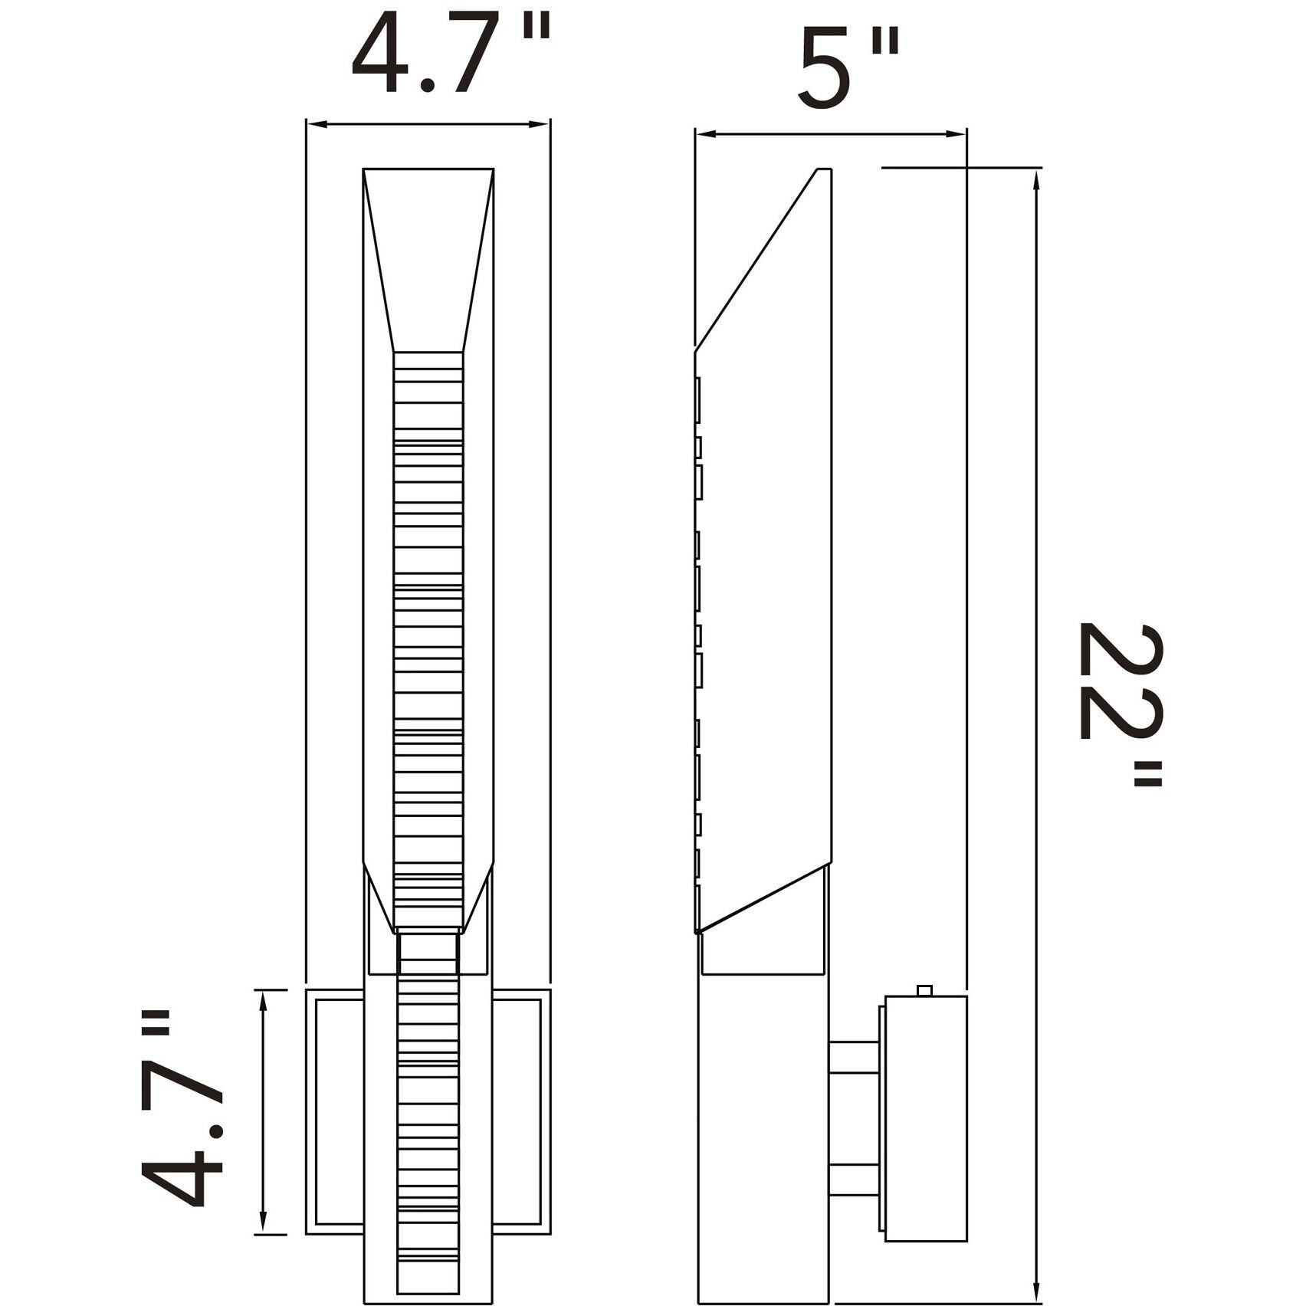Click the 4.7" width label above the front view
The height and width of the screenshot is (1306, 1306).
click(451, 55)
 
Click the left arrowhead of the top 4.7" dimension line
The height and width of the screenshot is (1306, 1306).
click(315, 124)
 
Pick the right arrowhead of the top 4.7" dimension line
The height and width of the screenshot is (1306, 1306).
click(541, 124)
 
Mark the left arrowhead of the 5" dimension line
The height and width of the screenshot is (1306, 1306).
click(705, 135)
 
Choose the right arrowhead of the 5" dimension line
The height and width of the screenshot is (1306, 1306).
click(957, 135)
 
